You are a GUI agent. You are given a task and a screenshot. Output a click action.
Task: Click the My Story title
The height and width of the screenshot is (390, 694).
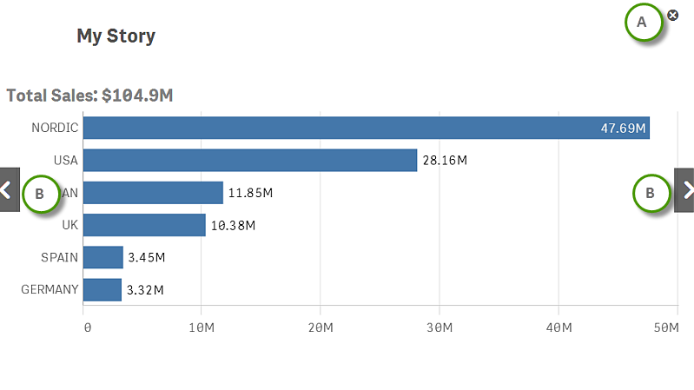pyautogui.click(x=116, y=36)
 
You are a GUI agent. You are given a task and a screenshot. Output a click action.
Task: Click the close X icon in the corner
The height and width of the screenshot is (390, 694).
pyautogui.click(x=673, y=14)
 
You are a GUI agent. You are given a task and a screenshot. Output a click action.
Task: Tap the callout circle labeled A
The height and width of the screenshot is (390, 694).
pyautogui.click(x=643, y=23)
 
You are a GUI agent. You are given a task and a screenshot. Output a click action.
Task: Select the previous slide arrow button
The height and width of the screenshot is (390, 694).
pyautogui.click(x=8, y=189)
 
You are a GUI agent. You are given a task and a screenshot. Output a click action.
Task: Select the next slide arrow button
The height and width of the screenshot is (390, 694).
pyautogui.click(x=685, y=190)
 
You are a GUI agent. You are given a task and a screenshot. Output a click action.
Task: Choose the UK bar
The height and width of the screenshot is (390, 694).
pyautogui.click(x=144, y=225)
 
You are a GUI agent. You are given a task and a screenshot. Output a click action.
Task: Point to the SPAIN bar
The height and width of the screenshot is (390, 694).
pyautogui.click(x=103, y=257)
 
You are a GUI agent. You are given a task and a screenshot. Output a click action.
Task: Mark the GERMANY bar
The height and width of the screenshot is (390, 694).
pyautogui.click(x=102, y=289)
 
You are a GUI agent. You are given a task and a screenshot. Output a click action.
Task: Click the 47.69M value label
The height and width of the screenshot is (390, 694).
pyautogui.click(x=623, y=129)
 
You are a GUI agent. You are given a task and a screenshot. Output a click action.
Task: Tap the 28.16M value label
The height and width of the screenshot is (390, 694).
pyautogui.click(x=445, y=161)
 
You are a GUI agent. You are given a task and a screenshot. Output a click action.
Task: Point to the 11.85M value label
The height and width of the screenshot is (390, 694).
pyautogui.click(x=250, y=193)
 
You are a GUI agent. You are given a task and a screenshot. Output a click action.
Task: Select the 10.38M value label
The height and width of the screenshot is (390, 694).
pyautogui.click(x=233, y=225)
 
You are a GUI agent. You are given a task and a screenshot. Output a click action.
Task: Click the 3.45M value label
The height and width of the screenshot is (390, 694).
pyautogui.click(x=146, y=257)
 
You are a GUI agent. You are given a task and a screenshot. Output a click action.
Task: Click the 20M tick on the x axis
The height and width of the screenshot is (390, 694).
pyautogui.click(x=321, y=327)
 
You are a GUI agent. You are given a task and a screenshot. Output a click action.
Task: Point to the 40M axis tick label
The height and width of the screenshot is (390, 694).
pyautogui.click(x=559, y=327)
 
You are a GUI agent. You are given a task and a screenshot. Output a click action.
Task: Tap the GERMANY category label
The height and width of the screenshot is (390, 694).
pyautogui.click(x=50, y=289)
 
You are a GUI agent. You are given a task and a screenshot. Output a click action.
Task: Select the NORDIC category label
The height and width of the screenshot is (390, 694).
pyautogui.click(x=55, y=128)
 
